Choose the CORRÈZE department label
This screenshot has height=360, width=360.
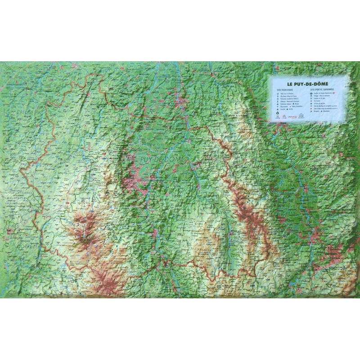(27, 247)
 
